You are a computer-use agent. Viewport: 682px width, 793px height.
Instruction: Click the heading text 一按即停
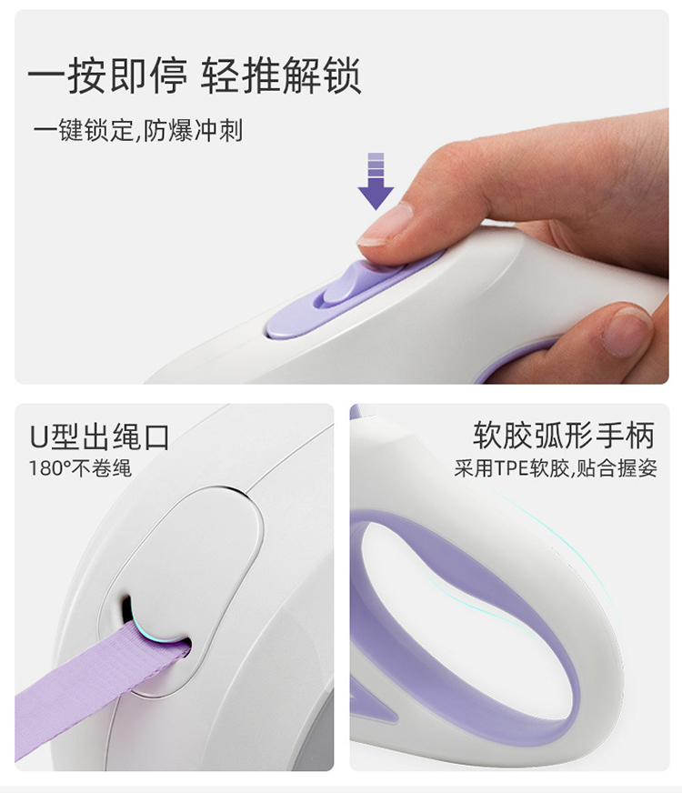click(x=107, y=75)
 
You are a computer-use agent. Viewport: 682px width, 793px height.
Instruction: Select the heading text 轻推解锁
click(x=281, y=75)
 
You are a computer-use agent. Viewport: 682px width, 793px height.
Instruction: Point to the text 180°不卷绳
click(x=80, y=469)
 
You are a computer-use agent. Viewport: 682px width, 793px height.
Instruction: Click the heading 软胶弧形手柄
click(x=563, y=436)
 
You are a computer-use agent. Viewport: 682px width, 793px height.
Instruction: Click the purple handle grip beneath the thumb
click(x=518, y=359)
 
